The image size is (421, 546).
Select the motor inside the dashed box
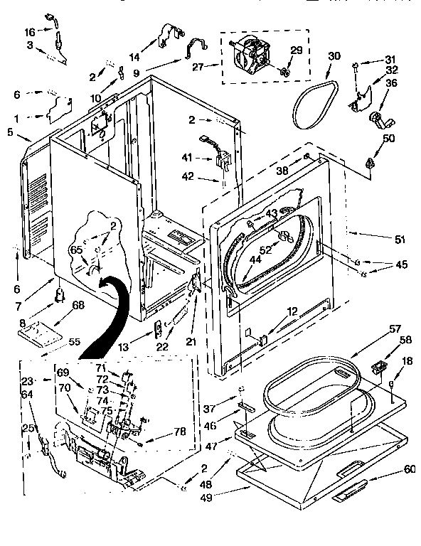point(253,56)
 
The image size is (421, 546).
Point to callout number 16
point(29,33)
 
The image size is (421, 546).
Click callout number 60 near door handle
point(410,469)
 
